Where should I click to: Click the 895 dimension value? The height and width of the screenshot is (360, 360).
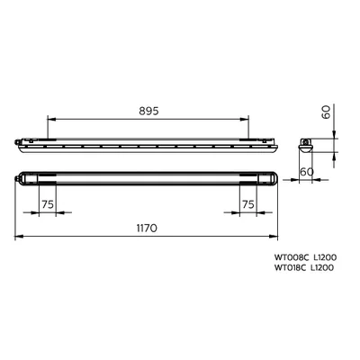coord(148,112)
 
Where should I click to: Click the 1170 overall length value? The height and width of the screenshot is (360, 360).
coord(147,229)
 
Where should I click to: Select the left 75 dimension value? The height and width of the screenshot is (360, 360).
coord(48,204)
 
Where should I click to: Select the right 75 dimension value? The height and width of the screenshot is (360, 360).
coord(248,204)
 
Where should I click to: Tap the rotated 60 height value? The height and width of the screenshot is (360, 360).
coord(327,112)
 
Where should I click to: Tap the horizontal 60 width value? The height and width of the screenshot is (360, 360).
coord(307,172)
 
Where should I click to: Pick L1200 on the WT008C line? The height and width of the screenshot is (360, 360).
coord(325,257)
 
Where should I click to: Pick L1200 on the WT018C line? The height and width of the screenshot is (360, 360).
coord(321,267)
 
